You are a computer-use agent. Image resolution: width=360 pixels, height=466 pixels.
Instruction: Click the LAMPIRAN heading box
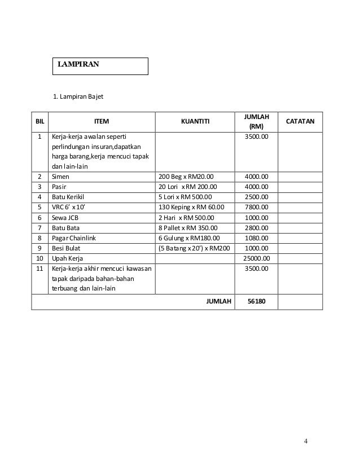tap(100, 65)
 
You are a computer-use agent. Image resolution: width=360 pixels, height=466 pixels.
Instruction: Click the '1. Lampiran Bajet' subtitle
tap(78, 96)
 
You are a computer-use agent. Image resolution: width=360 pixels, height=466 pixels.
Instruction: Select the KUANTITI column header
tap(195, 121)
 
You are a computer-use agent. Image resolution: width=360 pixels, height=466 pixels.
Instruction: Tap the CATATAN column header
tap(301, 121)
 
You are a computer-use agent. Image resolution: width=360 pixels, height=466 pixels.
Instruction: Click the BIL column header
tap(39, 121)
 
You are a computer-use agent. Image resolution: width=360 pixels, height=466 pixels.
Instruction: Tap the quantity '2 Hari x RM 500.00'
tap(188, 217)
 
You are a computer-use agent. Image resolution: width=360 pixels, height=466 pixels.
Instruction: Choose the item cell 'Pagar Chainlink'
tap(74, 238)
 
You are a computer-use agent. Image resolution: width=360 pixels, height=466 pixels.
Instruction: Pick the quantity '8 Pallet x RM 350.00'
tap(190, 228)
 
